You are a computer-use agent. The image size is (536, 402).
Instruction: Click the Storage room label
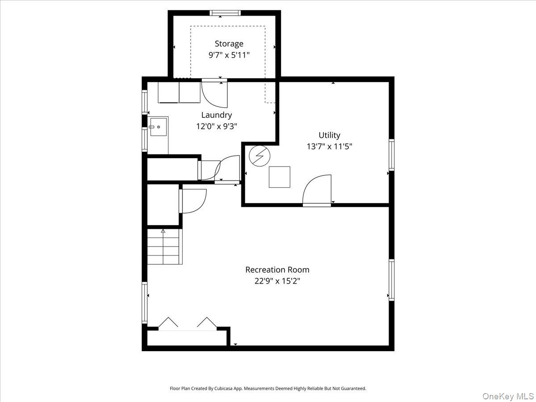click(229, 44)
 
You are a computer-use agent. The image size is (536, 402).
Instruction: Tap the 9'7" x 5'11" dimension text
click(229, 55)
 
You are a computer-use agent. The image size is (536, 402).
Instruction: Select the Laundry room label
click(217, 115)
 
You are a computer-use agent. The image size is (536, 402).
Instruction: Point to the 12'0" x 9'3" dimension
click(217, 126)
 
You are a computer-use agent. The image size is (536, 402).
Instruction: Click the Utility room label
click(329, 135)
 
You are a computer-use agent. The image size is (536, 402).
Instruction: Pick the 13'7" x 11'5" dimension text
click(329, 146)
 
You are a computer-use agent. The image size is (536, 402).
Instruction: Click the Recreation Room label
click(277, 270)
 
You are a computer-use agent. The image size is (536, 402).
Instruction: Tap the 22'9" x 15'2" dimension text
click(277, 281)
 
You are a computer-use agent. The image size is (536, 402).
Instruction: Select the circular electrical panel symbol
click(260, 156)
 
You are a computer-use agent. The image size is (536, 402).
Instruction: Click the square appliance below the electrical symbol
click(279, 177)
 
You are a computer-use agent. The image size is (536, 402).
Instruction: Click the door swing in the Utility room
click(317, 190)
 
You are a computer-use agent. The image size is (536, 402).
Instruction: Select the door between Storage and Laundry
click(214, 94)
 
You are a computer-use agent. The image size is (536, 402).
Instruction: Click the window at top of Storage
click(225, 13)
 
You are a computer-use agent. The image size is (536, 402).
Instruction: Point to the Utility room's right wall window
click(391, 155)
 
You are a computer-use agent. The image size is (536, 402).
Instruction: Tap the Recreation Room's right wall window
click(391, 280)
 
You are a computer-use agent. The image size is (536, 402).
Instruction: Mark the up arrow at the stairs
click(163, 231)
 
